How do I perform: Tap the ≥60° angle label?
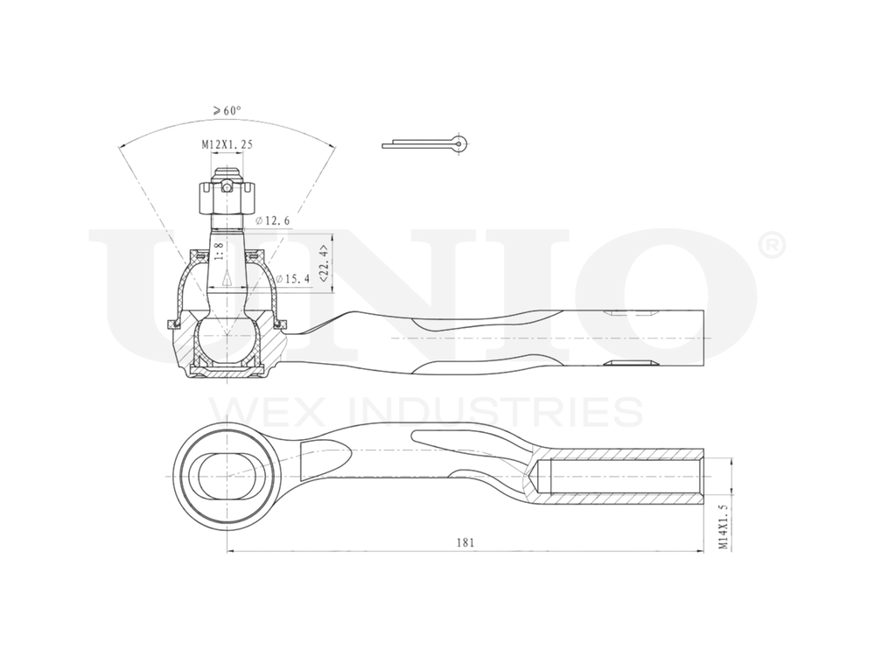click(227, 111)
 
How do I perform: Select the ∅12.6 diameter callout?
click(273, 221)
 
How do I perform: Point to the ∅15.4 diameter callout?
click(293, 279)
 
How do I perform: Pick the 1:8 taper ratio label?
click(219, 252)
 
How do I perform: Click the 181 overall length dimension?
click(465, 542)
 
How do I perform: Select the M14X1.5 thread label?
click(723, 525)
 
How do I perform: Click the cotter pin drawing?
click(425, 143)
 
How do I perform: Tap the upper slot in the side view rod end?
click(630, 312)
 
